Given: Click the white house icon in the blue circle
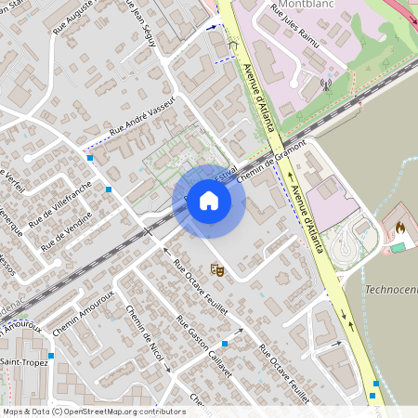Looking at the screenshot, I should point(209,201).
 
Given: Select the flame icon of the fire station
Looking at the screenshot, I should point(400,226).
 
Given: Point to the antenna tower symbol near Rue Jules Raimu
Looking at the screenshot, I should point(326,84).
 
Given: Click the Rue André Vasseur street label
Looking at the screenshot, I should point(143,128).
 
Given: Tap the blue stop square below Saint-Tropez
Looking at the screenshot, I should point(50,355).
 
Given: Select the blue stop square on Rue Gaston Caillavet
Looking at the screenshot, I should point(225,343).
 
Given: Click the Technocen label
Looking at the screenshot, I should point(391,289).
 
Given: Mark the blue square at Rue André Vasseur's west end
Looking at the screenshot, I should point(89,158).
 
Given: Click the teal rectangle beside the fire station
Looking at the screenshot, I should point(398,247).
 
